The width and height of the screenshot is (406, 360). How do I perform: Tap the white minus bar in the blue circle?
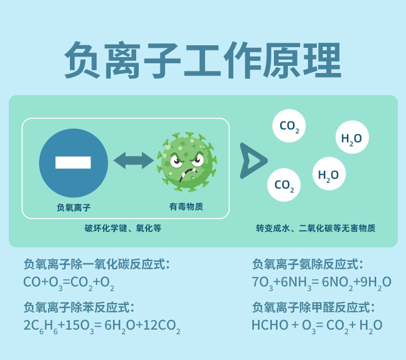73,163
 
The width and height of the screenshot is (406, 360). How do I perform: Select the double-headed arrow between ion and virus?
134,160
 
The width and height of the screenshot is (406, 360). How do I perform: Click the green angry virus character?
186,161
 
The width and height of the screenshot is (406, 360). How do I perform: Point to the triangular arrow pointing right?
252,160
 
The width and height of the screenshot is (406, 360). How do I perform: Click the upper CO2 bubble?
289,127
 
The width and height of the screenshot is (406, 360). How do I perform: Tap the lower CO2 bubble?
284,185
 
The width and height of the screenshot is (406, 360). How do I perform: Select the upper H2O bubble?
352,138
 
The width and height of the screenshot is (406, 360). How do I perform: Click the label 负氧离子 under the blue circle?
73,207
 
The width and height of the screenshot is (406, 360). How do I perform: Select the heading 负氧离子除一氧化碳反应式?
97,264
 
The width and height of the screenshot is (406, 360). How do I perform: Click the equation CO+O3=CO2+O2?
69,282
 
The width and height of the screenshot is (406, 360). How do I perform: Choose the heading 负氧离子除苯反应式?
79,308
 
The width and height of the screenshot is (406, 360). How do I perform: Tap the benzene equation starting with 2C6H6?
102,326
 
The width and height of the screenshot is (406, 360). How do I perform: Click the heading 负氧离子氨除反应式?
308,264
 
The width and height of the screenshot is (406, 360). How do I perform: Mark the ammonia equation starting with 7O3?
322,282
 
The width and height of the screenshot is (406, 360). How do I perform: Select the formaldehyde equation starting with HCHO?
317,325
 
